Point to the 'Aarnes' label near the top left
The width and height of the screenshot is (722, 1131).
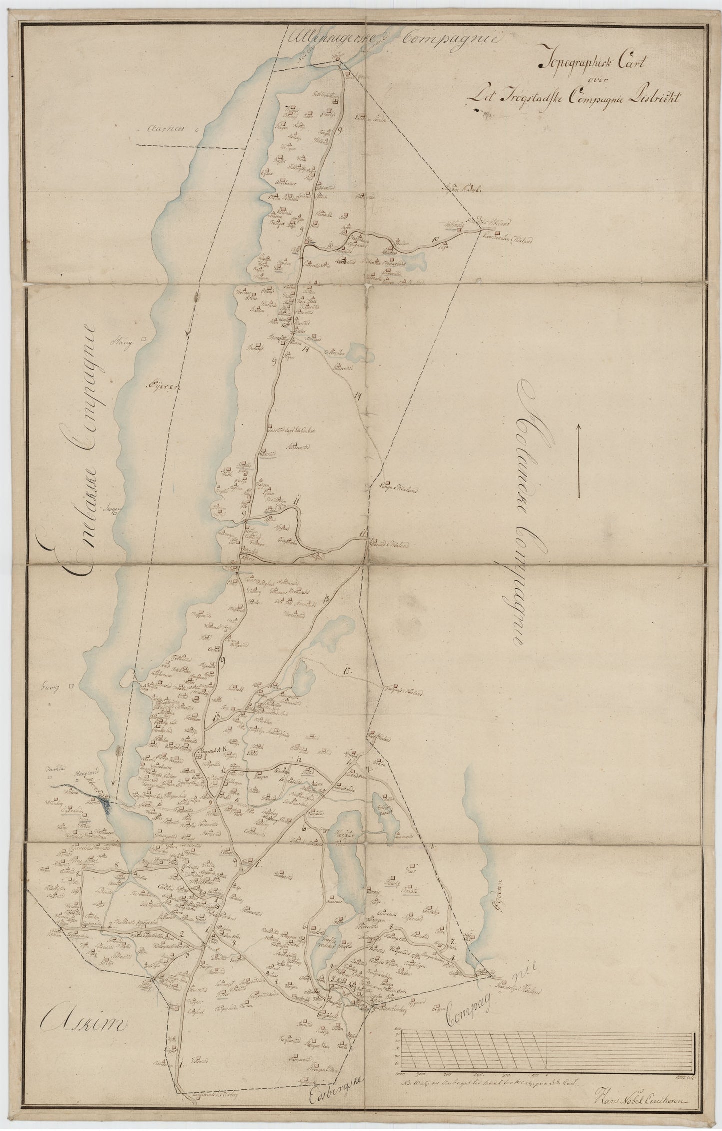click(163, 128)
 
